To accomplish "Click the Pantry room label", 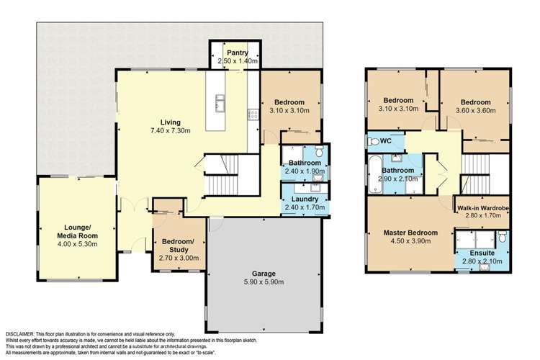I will (237, 53).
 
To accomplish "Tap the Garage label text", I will (250, 273).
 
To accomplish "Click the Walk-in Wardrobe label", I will (482, 207).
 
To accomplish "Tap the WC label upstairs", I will (385, 140).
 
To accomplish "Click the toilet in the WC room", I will (372, 141).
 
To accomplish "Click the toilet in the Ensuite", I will (502, 238).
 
